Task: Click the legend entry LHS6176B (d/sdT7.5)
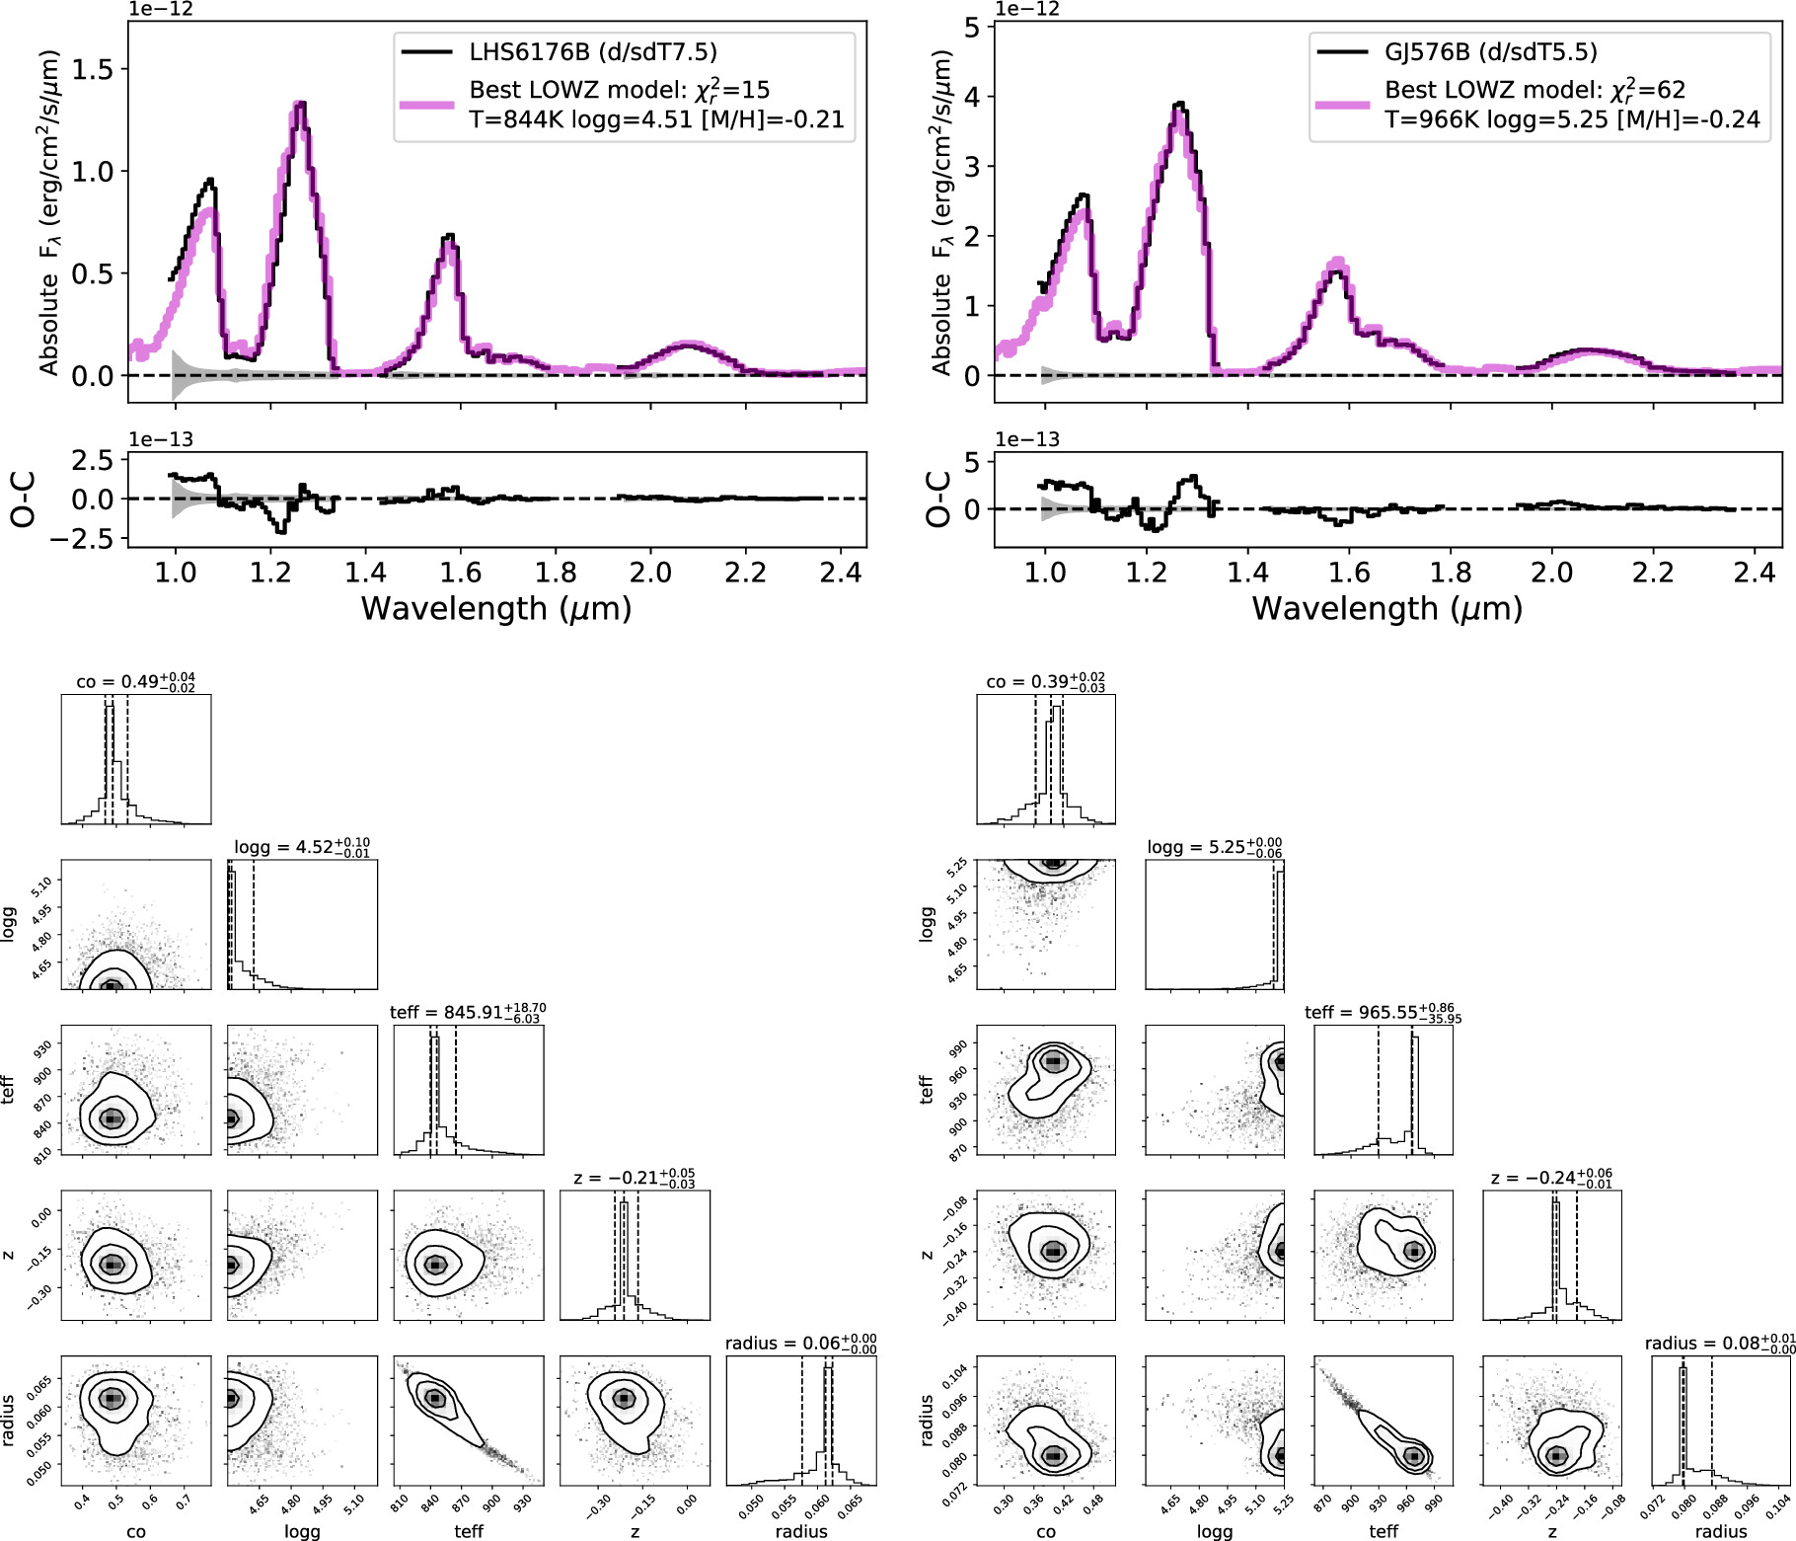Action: pos(593,51)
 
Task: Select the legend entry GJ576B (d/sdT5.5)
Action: pos(1491,51)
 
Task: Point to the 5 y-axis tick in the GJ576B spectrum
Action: pos(973,28)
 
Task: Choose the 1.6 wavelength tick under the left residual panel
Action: pos(460,573)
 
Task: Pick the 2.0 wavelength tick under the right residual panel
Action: pos(1551,573)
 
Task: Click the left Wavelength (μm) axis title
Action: pos(496,608)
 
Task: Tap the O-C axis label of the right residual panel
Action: pos(939,499)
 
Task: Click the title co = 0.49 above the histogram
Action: pos(136,681)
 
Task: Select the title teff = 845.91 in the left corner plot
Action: pos(468,1012)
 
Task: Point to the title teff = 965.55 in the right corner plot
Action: pos(1384,1012)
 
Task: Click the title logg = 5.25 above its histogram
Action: pos(1215,847)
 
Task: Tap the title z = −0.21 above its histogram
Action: pos(635,1178)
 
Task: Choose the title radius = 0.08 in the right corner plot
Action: pos(1720,1344)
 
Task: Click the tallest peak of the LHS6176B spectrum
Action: pos(301,103)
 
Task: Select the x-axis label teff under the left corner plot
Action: pos(469,1531)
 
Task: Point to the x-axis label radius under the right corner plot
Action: pos(1721,1531)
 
